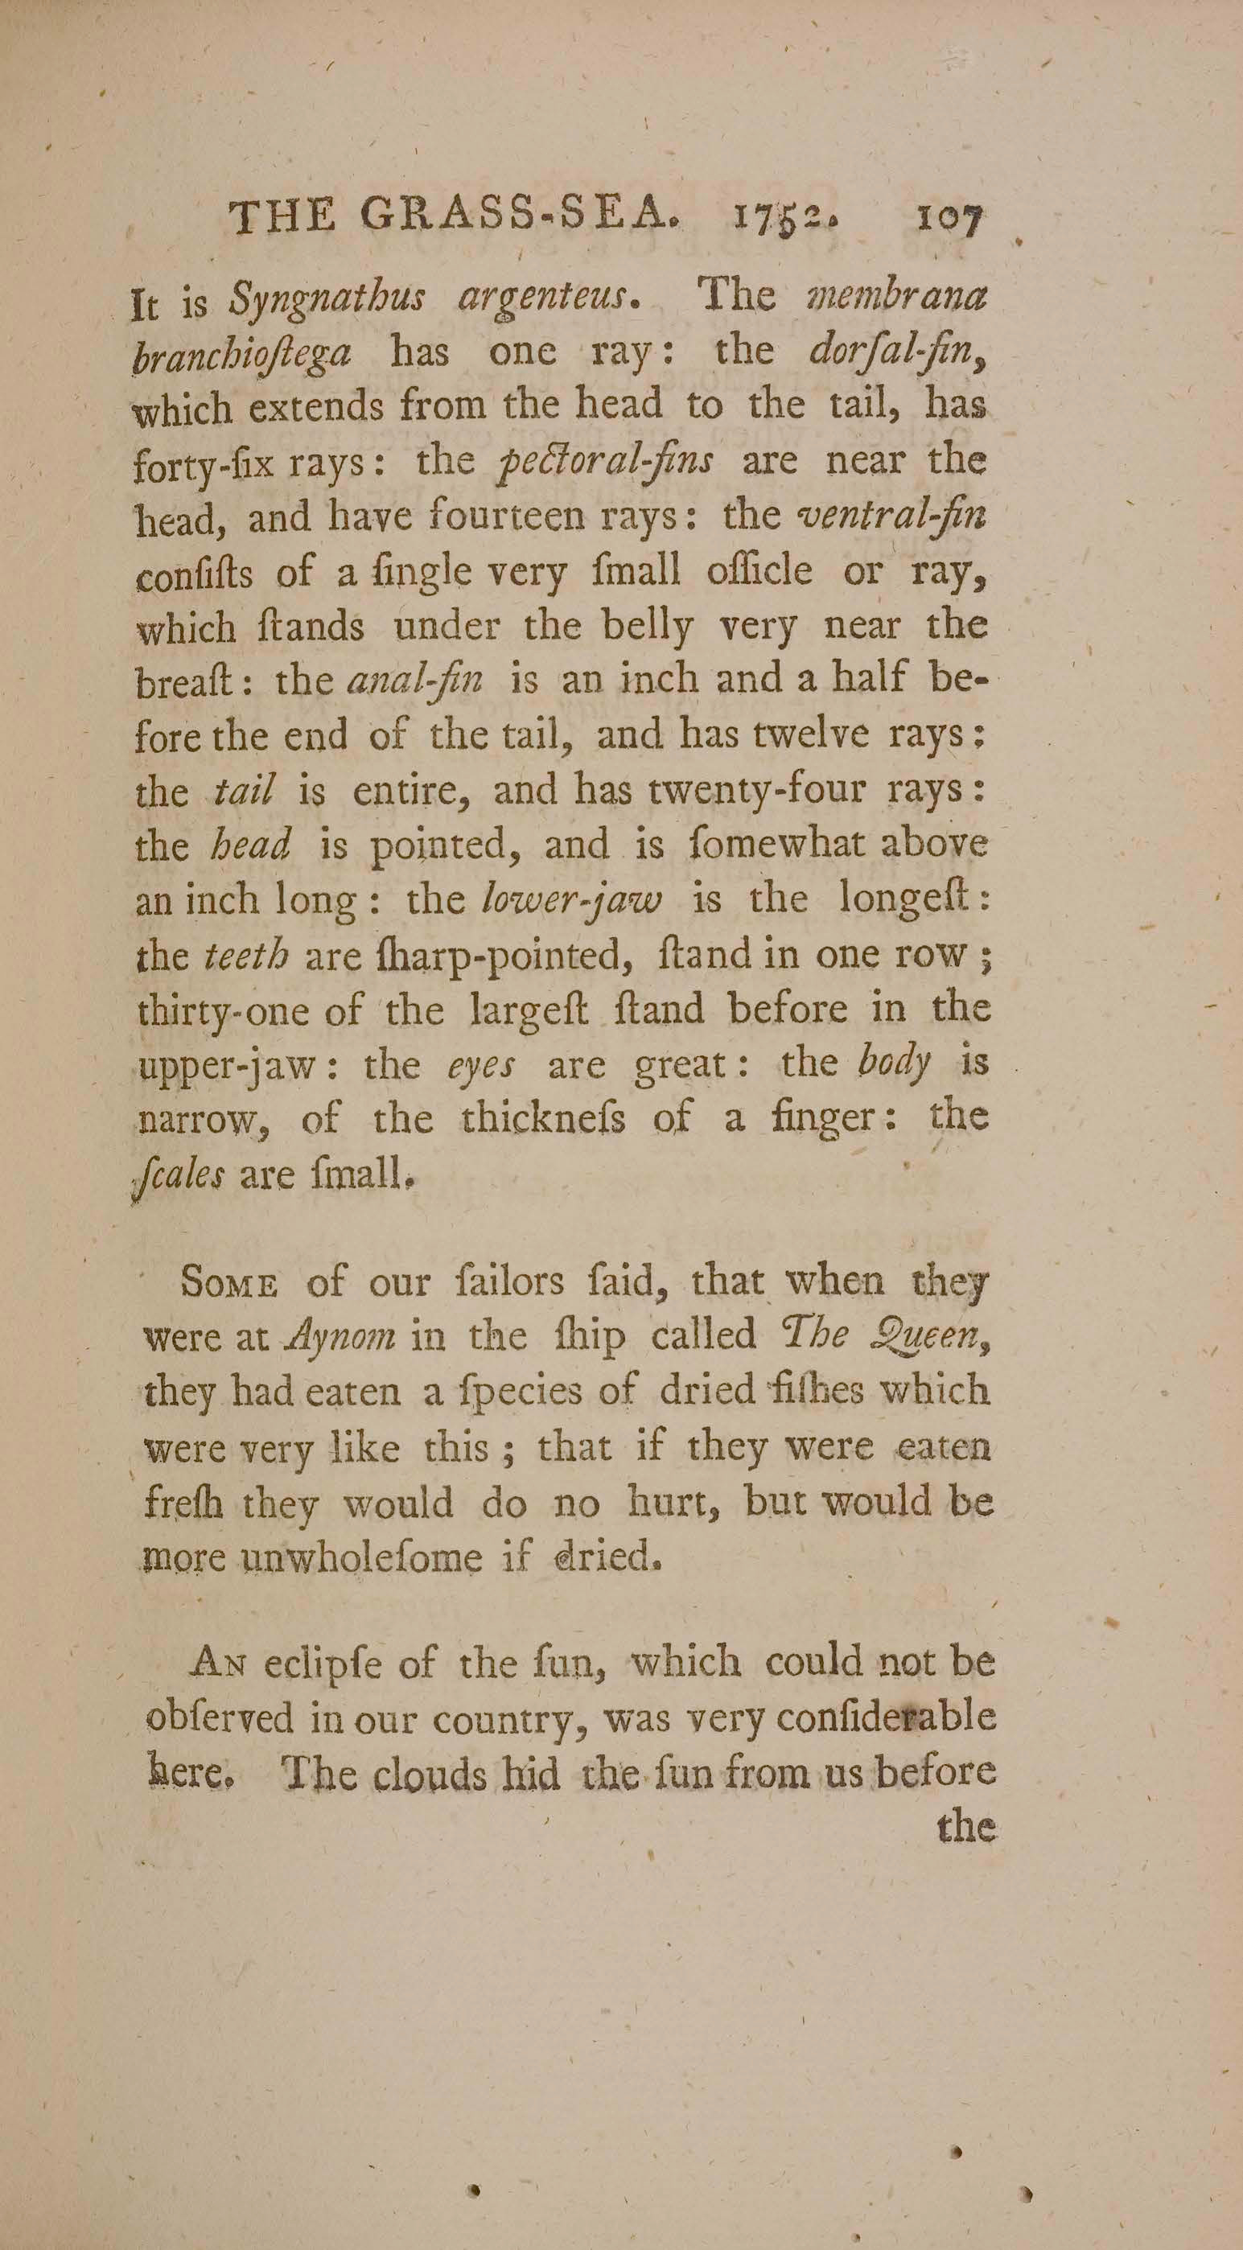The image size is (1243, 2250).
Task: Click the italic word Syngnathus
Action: tap(327, 299)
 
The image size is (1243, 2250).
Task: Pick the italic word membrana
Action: tap(899, 298)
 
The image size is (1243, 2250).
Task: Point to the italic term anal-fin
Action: tap(415, 681)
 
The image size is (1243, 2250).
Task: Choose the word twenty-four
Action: tap(757, 792)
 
